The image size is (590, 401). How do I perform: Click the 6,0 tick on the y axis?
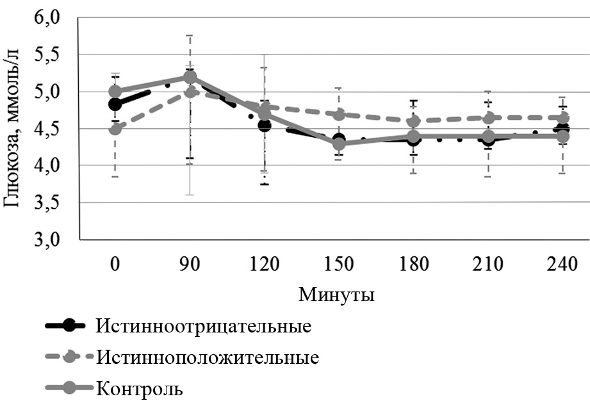tap(49, 18)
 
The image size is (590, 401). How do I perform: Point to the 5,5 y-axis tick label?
tap(49, 55)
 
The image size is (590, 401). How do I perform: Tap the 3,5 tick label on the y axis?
tap(49, 203)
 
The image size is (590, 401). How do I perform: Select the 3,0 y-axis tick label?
tap(49, 240)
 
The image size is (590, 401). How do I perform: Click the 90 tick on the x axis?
tap(190, 263)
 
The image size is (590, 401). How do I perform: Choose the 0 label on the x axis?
tap(115, 263)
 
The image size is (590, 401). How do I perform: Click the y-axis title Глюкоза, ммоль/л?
tap(13, 129)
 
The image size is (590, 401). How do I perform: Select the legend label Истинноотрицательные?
tap(204, 326)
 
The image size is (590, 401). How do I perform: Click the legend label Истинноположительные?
tap(208, 357)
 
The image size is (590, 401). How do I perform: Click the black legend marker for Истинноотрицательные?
tap(65, 326)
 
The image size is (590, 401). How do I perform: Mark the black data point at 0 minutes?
tap(115, 104)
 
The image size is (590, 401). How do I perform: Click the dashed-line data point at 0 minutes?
tap(115, 129)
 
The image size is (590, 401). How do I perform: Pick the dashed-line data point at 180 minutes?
tap(413, 121)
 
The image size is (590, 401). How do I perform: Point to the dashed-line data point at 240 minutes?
tap(561, 118)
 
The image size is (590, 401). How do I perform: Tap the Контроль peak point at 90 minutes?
tap(190, 77)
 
